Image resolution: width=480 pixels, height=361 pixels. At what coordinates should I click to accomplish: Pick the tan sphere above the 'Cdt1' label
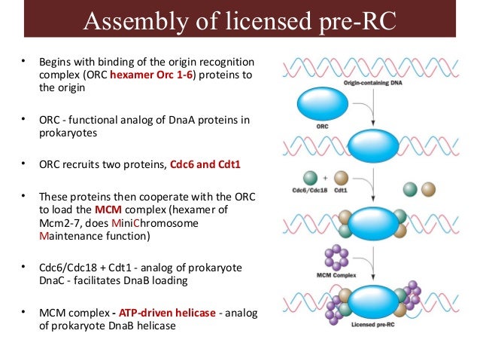click(341, 177)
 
